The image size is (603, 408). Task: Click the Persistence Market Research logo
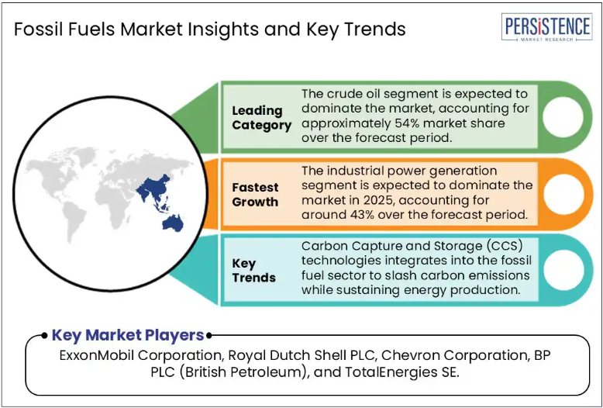coord(546,27)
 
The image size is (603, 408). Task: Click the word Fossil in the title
coord(39,29)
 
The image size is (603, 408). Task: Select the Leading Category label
coord(261,118)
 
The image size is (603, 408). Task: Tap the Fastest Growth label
coord(255,195)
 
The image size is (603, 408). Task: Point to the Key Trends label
coord(253,271)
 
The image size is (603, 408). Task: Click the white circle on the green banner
coord(563,117)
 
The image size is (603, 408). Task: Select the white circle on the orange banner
coord(563,194)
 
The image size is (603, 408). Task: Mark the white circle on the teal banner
coord(563,270)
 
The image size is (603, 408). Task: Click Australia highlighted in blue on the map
coord(173,223)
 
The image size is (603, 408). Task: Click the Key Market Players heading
coord(128,335)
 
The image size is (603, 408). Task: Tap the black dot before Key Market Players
coord(45,335)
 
